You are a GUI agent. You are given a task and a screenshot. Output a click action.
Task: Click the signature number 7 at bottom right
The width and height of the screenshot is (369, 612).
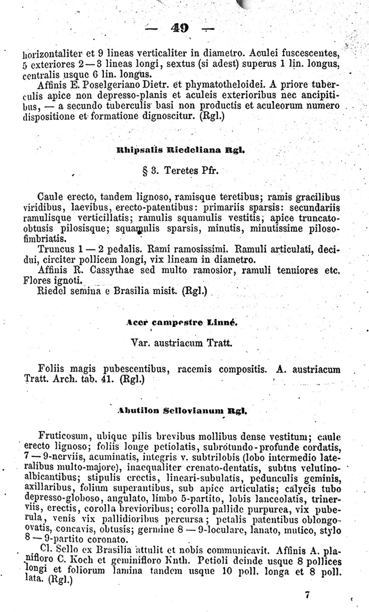point(307,595)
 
